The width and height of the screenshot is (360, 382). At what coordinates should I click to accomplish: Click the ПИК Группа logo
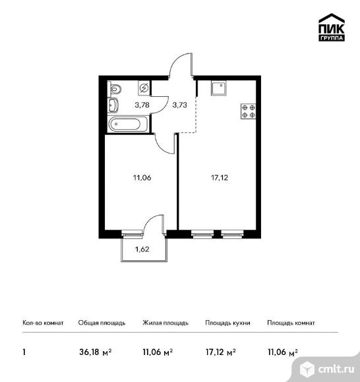(x=332, y=27)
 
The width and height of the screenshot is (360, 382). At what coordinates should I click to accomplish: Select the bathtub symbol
(x=128, y=124)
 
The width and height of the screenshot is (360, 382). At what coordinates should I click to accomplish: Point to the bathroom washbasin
(x=113, y=105)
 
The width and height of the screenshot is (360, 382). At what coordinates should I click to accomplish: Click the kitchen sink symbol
(x=220, y=88)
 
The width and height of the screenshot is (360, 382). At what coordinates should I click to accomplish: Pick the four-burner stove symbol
(x=249, y=111)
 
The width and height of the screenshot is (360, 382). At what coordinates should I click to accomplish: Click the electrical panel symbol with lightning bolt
(x=144, y=88)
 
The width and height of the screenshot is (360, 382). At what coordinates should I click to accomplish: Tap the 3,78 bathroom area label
(x=142, y=105)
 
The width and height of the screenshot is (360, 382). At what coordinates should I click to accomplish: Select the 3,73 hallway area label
(x=180, y=105)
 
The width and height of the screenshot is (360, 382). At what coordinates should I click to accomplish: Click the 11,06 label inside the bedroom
(x=142, y=178)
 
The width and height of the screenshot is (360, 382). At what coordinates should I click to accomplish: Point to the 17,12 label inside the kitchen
(x=220, y=178)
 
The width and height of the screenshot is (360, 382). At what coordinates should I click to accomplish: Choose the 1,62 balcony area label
(x=142, y=249)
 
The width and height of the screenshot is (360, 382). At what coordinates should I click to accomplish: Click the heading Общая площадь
(x=102, y=323)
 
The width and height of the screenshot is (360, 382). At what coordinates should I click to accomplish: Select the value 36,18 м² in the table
(x=96, y=352)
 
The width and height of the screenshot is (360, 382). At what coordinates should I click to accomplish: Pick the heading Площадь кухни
(x=227, y=323)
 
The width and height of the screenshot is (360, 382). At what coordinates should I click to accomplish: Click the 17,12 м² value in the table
(x=220, y=352)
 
